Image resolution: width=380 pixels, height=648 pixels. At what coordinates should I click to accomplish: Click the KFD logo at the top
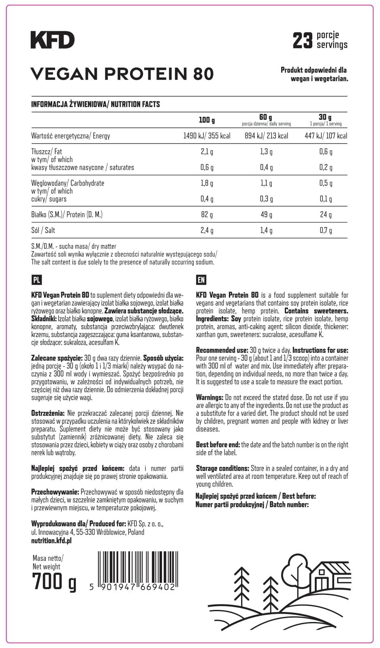click(53, 40)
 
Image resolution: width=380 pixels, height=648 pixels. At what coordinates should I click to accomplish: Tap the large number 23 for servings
click(303, 40)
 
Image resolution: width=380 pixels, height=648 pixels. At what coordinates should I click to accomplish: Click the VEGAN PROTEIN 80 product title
click(122, 74)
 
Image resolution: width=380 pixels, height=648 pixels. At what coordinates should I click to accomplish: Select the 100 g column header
click(207, 120)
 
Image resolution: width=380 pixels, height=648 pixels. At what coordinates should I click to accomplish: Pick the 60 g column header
click(266, 117)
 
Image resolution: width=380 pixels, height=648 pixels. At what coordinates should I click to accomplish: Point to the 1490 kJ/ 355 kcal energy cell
click(207, 136)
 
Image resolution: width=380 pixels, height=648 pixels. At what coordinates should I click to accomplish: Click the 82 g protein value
click(207, 214)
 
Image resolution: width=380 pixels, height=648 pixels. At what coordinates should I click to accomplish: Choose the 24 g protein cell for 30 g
click(326, 214)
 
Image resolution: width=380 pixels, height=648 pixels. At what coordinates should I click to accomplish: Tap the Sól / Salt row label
click(43, 230)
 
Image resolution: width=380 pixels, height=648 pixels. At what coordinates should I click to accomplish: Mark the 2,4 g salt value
click(207, 230)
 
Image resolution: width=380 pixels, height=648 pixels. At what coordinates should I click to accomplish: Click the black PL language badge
click(36, 280)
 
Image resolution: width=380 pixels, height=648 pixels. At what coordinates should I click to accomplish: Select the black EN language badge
click(201, 280)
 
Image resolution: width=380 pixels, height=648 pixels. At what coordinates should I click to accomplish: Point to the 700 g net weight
click(54, 582)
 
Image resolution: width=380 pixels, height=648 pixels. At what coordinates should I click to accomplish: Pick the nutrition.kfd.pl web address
click(51, 540)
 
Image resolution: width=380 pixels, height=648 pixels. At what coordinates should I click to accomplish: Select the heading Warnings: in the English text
click(209, 397)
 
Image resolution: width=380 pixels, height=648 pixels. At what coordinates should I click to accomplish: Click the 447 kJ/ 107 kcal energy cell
click(326, 136)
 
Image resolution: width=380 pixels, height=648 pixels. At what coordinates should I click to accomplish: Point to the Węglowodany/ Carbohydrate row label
click(68, 183)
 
